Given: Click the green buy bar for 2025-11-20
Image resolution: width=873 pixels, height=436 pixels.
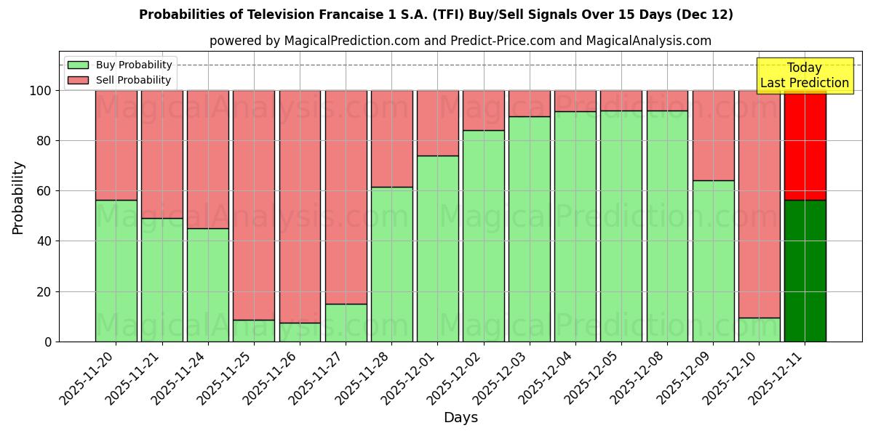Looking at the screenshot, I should pos(116,270).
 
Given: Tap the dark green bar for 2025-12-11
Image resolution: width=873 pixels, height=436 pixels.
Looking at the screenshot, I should pos(805,270).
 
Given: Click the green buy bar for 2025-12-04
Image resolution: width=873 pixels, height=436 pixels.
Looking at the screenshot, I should pos(575,226).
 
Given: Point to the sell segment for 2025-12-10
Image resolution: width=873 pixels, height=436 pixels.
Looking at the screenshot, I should pos(759,204).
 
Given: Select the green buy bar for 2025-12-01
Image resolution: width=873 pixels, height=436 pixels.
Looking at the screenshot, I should pos(437,249).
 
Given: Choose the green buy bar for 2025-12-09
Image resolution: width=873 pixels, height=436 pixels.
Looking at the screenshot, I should pos(713,261).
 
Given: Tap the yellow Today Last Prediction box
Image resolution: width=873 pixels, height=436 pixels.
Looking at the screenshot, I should pos(804,76).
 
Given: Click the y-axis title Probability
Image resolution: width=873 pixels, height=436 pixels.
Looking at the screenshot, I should pos(18,197).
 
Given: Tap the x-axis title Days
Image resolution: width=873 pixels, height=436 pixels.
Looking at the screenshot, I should pos(461,418).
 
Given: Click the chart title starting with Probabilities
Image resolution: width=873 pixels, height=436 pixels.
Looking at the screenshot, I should pos(436,15).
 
